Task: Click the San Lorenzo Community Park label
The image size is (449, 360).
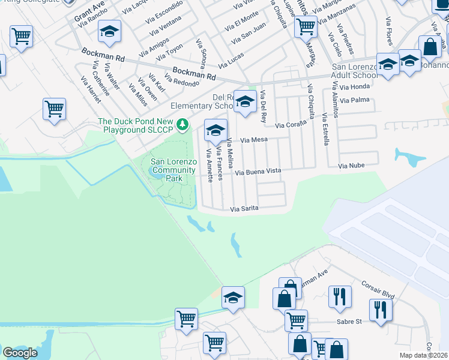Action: (173, 170)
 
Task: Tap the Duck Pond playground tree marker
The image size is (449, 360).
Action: (185, 125)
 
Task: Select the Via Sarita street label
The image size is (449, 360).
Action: (244, 209)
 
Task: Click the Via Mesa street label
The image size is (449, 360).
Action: (253, 140)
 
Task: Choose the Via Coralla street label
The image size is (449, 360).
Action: (291, 125)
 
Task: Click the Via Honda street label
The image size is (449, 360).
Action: (354, 87)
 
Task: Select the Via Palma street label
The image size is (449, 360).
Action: (354, 100)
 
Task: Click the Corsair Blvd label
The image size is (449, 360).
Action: (378, 291)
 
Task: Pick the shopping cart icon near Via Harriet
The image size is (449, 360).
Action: (54, 109)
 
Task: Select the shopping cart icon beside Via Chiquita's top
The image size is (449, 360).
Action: (306, 26)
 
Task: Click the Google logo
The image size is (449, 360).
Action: (20, 352)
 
